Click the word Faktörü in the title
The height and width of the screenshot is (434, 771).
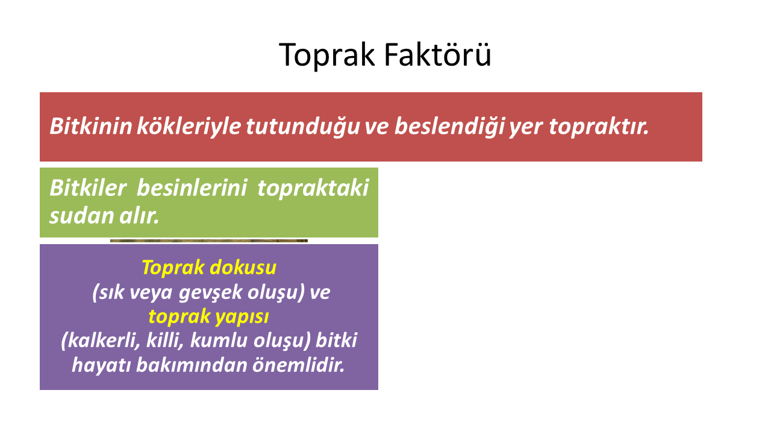437,54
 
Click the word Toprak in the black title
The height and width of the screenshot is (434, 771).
326,55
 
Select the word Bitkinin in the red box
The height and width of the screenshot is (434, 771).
91,126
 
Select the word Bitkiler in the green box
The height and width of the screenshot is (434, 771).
88,188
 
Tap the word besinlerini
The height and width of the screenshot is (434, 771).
192,188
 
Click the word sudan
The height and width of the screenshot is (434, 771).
81,216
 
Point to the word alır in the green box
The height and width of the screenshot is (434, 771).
139,216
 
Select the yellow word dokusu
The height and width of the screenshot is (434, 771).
243,267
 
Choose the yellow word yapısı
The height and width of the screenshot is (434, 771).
240,317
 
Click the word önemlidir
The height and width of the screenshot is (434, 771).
298,365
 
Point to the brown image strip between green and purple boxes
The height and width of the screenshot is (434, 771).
209,241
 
